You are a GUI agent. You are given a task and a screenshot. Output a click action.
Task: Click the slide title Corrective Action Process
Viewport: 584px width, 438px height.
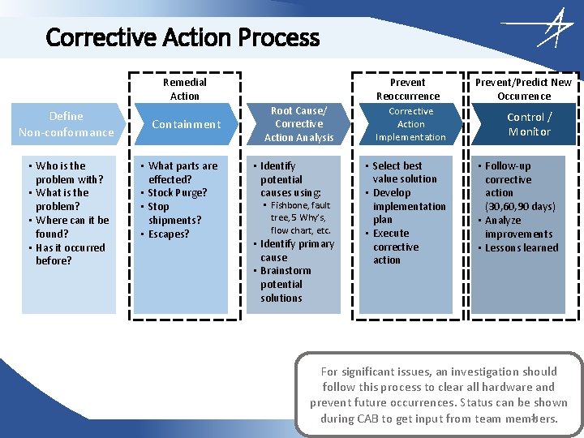click(182, 37)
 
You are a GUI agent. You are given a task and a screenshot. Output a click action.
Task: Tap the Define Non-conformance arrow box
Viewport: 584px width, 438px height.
click(67, 124)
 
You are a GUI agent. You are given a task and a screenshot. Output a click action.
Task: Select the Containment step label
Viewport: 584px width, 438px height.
click(186, 124)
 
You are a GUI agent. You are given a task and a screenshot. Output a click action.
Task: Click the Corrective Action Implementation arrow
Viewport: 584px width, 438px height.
click(410, 124)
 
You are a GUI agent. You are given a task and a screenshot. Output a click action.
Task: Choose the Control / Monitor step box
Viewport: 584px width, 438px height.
click(529, 124)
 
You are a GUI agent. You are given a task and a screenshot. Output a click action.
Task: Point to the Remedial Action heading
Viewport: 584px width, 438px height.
click(185, 89)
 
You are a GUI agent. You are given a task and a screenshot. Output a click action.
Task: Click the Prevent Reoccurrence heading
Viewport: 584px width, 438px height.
click(407, 89)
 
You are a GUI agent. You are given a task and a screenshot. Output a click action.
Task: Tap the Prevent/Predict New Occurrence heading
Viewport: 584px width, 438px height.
click(523, 89)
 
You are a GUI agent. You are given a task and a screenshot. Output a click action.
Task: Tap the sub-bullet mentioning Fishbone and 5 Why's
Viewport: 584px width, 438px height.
click(300, 218)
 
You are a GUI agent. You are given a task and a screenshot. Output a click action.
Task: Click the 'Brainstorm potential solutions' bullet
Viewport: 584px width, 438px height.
click(285, 285)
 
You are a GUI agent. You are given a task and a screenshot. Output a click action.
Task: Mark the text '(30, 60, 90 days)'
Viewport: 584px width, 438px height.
click(520, 207)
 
